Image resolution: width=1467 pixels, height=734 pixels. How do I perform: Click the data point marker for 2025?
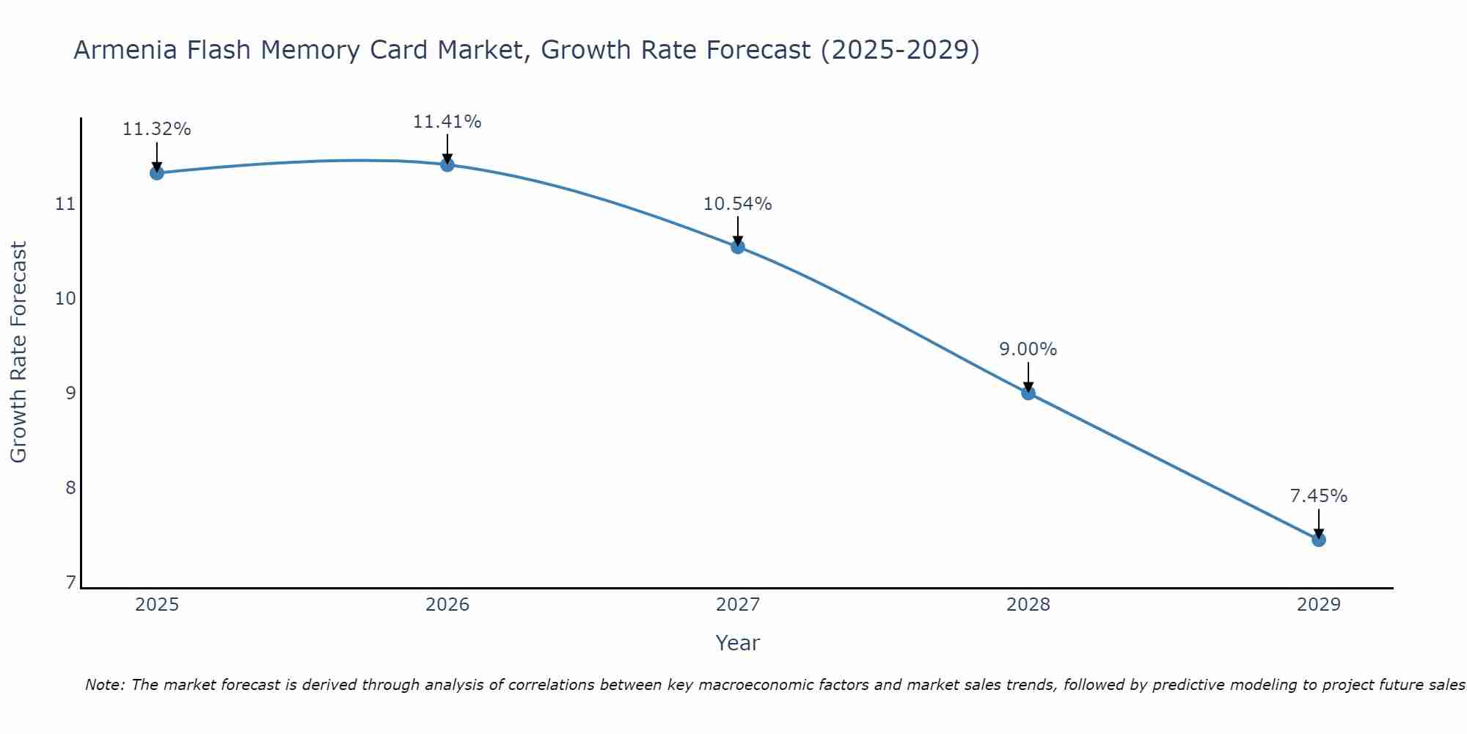(x=156, y=172)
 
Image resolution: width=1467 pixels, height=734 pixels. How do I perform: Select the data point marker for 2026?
(x=447, y=164)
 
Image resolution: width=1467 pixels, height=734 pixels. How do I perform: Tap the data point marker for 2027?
(x=738, y=247)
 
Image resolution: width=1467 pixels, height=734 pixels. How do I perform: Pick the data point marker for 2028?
(x=1028, y=393)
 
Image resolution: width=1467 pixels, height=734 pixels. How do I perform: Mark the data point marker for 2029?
(x=1318, y=539)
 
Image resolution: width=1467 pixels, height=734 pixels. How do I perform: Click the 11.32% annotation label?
(x=156, y=129)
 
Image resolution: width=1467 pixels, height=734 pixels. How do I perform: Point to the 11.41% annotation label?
(x=447, y=122)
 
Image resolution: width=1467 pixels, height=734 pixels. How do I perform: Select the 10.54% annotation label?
(x=737, y=204)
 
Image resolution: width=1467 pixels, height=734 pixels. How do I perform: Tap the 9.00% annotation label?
(x=1028, y=349)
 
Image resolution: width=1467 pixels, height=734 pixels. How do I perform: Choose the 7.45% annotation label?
(x=1318, y=496)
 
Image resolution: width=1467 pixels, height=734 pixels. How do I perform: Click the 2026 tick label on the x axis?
(x=447, y=605)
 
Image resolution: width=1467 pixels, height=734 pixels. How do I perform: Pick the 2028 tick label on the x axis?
(x=1028, y=605)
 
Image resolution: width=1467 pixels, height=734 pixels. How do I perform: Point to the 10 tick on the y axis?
(x=65, y=298)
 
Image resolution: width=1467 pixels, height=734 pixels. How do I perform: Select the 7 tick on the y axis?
(x=70, y=583)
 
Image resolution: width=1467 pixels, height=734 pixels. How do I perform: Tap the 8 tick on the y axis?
(x=70, y=488)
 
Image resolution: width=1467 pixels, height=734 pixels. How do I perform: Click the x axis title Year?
(x=737, y=643)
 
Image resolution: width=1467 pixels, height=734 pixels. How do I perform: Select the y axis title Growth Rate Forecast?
(x=18, y=352)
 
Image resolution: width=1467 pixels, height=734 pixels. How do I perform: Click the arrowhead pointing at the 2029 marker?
(x=1318, y=534)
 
